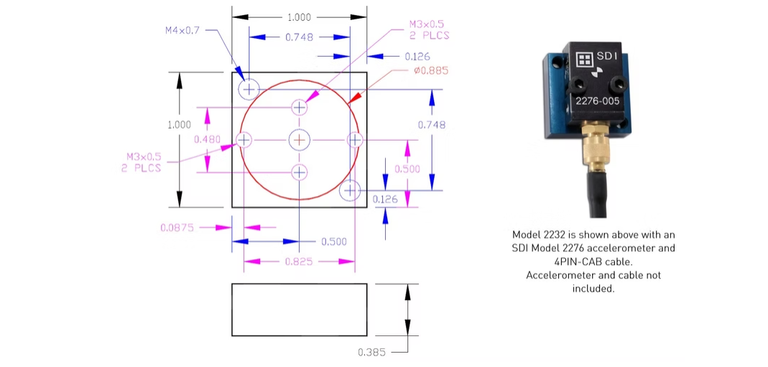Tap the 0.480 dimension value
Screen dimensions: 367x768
[x=207, y=139]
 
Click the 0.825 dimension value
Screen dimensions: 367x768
[x=299, y=261]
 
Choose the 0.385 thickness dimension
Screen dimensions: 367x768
[x=371, y=352]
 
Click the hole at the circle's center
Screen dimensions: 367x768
[x=299, y=139]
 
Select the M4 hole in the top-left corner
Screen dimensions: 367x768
[x=249, y=89]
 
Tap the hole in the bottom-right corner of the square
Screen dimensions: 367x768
[x=350, y=190]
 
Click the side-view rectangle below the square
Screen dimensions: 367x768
[x=299, y=310]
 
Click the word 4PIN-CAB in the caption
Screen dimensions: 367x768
[x=570, y=261]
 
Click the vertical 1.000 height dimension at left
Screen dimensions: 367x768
[x=179, y=124]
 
